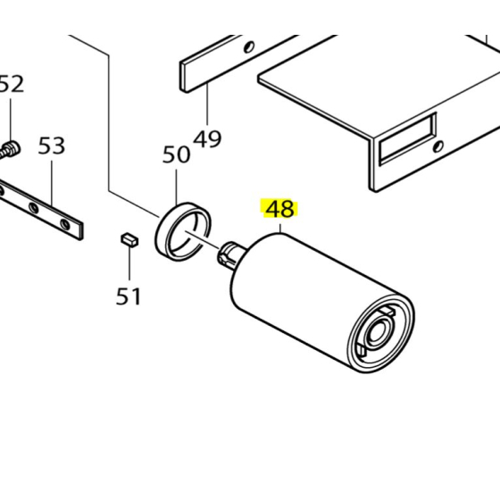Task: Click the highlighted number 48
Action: click(x=279, y=210)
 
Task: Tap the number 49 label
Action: click(x=207, y=138)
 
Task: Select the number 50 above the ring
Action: click(x=176, y=154)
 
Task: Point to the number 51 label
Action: click(x=129, y=296)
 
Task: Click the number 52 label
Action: click(x=11, y=85)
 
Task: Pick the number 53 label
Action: click(x=52, y=146)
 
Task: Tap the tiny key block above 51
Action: click(x=128, y=238)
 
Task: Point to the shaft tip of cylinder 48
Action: click(x=230, y=254)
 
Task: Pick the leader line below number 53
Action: click(x=52, y=183)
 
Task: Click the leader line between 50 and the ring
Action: click(x=177, y=187)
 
